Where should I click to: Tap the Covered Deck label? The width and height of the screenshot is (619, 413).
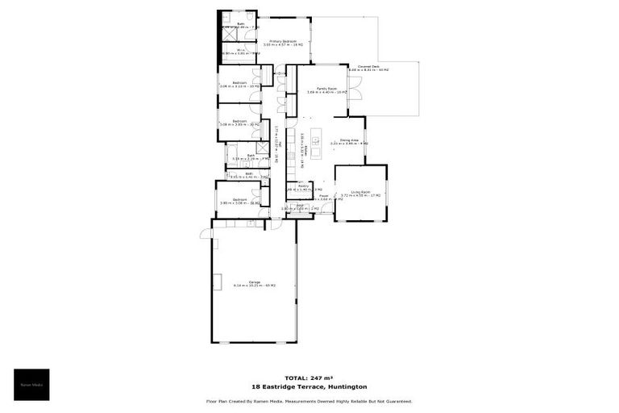[x=368, y=68]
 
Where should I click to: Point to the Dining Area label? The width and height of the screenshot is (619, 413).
[x=348, y=140]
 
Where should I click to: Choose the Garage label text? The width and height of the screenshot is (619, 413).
[x=255, y=282]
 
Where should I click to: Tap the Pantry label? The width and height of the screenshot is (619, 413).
[x=304, y=186]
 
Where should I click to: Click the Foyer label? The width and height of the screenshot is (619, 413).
[x=323, y=195]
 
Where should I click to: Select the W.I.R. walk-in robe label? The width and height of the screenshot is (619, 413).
[x=240, y=50]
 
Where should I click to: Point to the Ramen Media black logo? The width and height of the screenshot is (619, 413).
[x=31, y=385]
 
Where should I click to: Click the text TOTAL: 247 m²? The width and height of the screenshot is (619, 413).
[x=309, y=378]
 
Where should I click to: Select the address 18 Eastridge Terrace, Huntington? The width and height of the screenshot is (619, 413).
[x=309, y=387]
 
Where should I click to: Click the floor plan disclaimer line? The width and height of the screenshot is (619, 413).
[x=309, y=401]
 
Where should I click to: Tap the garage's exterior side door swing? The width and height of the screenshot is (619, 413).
[x=206, y=235]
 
